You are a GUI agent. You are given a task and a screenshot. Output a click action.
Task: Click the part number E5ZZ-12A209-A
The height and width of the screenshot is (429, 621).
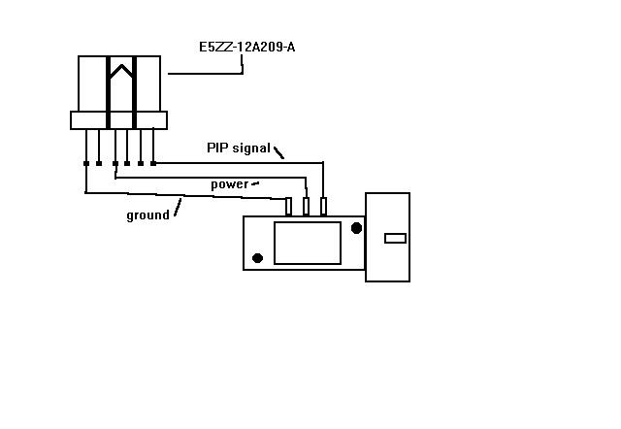coord(246,48)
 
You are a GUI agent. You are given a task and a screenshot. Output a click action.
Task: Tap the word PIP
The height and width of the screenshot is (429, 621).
coord(217,148)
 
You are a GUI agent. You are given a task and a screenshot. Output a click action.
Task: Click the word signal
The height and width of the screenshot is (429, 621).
coord(251,148)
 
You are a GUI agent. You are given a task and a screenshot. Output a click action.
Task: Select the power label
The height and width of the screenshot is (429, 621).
coord(229,184)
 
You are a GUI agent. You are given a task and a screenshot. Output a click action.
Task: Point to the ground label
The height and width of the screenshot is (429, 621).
coord(147,215)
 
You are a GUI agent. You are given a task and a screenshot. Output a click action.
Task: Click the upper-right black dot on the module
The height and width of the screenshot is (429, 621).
coord(356,228)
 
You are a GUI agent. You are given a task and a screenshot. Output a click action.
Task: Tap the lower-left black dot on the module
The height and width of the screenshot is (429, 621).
coord(257,258)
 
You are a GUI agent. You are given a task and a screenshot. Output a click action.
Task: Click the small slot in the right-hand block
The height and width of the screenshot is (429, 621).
coord(395,238)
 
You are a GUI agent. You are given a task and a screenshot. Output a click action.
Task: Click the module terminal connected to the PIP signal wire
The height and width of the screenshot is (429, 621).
coord(323,207)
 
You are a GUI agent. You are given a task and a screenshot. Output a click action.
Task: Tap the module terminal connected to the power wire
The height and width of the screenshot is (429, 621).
coord(306,207)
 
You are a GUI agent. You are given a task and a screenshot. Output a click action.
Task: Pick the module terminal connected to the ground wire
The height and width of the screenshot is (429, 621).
coord(289,207)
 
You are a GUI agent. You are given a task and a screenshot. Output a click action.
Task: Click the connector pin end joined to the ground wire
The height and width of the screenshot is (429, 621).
coord(86,164)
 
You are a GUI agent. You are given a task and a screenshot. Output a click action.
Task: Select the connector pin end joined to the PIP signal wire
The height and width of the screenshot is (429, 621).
coord(153,163)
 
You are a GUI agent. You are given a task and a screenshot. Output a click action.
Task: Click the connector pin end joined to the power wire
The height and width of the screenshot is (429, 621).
coord(115,164)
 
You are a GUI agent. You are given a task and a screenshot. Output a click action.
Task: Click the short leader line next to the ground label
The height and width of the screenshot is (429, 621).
coord(178,207)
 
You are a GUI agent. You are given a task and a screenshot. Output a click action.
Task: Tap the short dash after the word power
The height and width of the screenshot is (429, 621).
coord(255,183)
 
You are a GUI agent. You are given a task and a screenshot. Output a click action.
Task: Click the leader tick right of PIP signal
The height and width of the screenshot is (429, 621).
coord(278,152)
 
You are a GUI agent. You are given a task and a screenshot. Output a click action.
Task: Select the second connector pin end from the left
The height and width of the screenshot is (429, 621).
coord(99,164)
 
